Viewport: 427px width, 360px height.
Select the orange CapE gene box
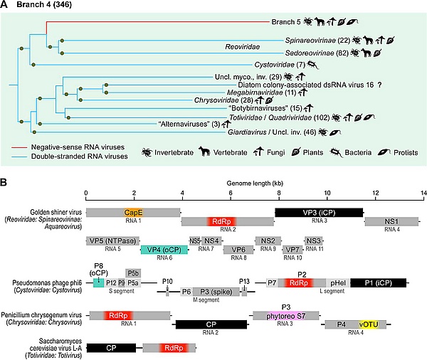point(132,212)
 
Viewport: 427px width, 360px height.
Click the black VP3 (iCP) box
point(319,212)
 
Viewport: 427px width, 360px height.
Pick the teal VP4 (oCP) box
point(164,249)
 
